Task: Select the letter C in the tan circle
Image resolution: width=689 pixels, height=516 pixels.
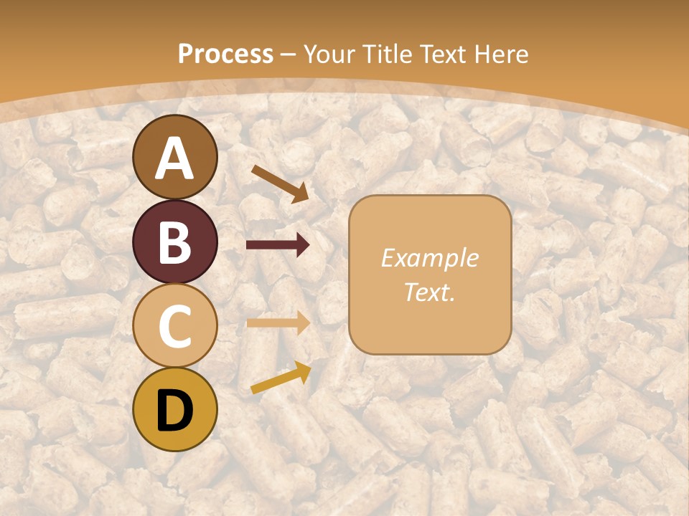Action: (175, 325)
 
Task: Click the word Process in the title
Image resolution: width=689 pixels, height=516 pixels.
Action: (225, 54)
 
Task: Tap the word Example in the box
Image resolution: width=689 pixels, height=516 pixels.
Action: (429, 258)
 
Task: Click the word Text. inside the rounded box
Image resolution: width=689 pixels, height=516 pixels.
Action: (429, 292)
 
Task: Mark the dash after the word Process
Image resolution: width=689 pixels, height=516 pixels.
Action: (289, 54)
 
